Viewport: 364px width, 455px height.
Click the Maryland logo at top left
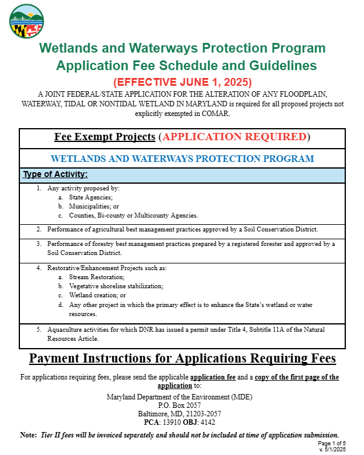pyautogui.click(x=27, y=21)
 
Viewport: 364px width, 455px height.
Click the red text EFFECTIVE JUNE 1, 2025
pyautogui.click(x=182, y=82)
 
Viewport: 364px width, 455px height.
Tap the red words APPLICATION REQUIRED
pyautogui.click(x=235, y=137)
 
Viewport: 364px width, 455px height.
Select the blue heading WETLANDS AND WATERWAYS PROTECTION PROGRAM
pyautogui.click(x=182, y=159)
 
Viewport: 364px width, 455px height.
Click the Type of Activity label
pyautogui.click(x=55, y=175)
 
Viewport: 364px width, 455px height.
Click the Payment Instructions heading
pyautogui.click(x=182, y=358)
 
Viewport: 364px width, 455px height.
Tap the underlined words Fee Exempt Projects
pyautogui.click(x=105, y=137)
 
